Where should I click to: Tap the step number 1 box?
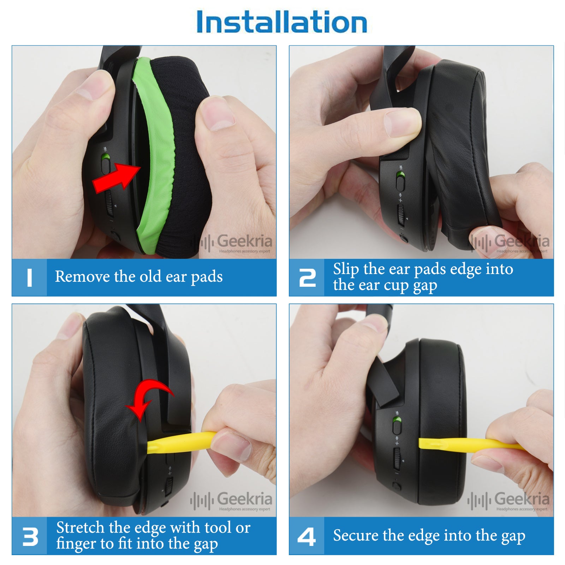point(29,278)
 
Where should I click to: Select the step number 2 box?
point(307,278)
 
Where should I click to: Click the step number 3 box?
point(29,536)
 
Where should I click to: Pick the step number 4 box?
point(307,536)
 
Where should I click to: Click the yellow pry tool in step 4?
point(470,444)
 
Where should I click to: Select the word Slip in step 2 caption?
point(346,269)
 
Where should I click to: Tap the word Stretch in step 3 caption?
point(81,528)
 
